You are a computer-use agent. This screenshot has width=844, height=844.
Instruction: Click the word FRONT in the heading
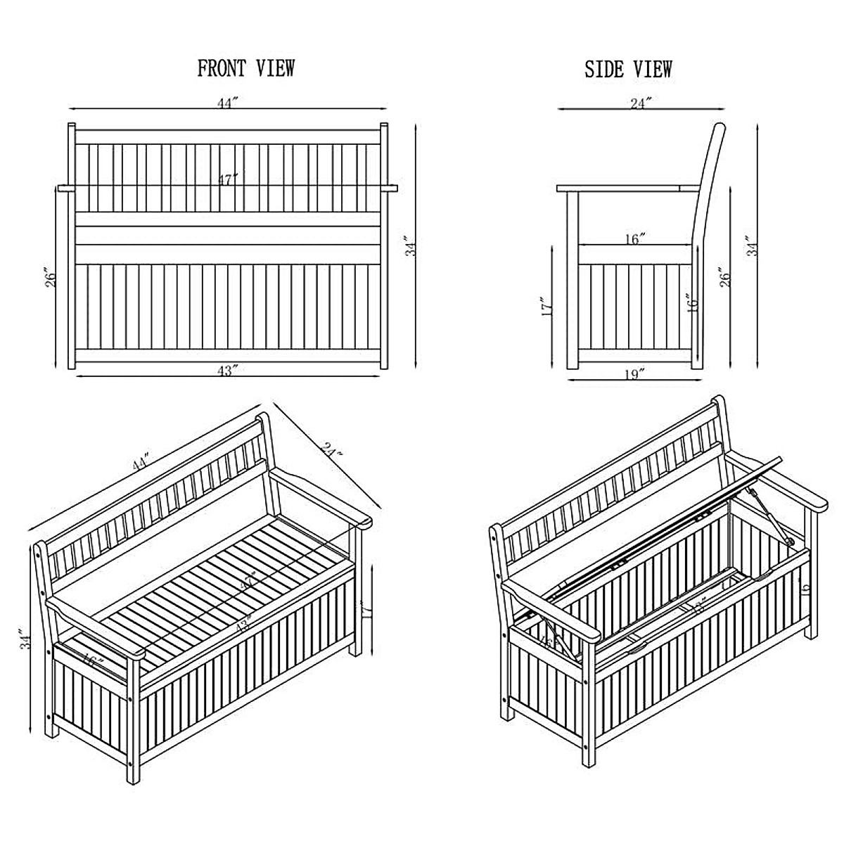(220, 68)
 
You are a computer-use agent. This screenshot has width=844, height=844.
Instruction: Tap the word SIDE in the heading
(604, 69)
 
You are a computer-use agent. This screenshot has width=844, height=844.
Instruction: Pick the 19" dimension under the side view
(634, 375)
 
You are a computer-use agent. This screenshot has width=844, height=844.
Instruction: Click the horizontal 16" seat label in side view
(634, 240)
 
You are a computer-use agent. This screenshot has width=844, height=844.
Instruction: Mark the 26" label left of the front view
(48, 281)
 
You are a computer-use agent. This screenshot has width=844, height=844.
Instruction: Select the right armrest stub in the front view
(390, 188)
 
